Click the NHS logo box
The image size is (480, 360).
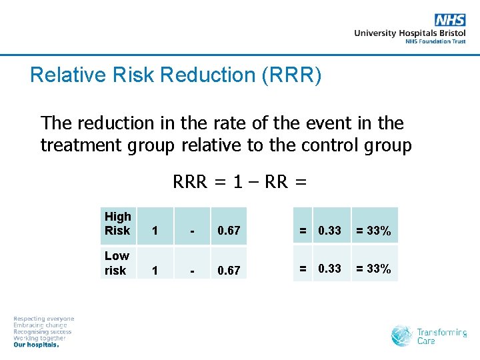[x=449, y=20]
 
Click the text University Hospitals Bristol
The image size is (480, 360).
[x=409, y=33]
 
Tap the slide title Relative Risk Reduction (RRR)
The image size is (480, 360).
[x=176, y=75]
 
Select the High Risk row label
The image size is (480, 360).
[x=118, y=223]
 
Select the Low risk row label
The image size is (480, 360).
[x=117, y=263]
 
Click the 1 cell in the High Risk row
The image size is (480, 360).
[x=155, y=231]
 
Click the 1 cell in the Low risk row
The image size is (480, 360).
[x=155, y=270]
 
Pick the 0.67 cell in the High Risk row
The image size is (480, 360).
[x=229, y=231]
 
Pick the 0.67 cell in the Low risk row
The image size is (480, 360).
[x=229, y=270]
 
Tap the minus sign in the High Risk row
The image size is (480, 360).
[x=192, y=231]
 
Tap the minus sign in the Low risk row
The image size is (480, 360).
[x=192, y=270]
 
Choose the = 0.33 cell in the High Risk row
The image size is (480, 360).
[x=320, y=231]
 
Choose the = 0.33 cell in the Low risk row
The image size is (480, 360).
[x=320, y=269]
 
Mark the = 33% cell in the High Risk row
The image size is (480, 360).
[x=373, y=231]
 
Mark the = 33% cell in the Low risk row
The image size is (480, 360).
[x=373, y=269]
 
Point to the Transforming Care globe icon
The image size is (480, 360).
[x=402, y=335]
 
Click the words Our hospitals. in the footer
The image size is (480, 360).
[x=37, y=345]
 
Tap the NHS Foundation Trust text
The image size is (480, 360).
[x=435, y=41]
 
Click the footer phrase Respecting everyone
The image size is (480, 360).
[x=44, y=319]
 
